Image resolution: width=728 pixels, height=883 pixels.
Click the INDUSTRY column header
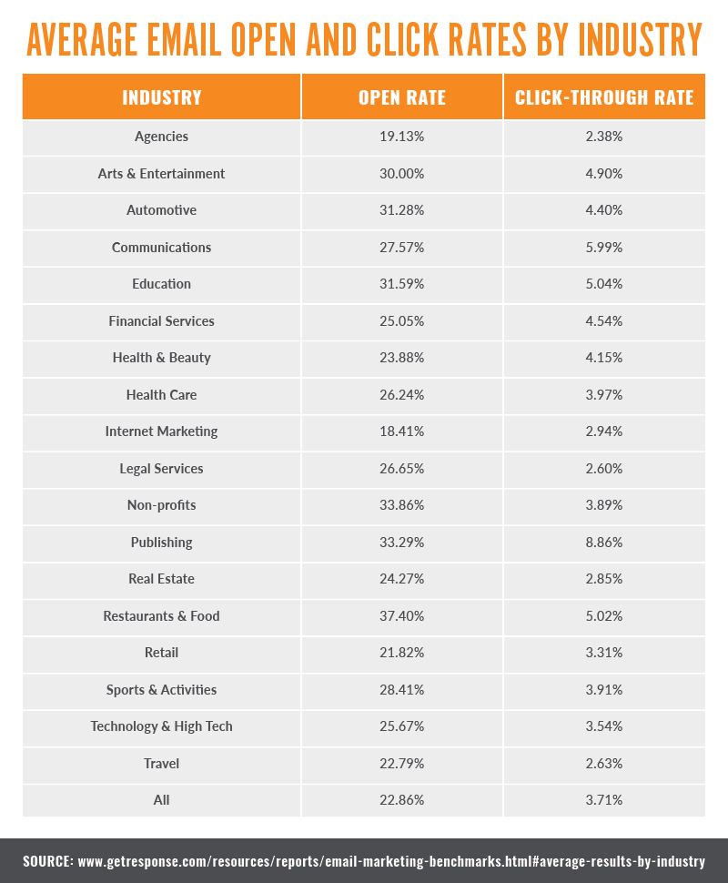click(162, 97)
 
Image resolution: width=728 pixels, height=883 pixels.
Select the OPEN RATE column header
click(402, 97)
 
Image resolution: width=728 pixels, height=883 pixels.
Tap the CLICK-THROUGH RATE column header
click(604, 97)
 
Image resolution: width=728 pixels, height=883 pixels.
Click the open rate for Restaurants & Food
click(402, 616)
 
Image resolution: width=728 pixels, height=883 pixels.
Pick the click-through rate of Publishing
click(604, 543)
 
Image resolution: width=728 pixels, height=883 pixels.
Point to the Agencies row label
click(161, 137)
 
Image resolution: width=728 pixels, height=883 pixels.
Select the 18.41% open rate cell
click(402, 431)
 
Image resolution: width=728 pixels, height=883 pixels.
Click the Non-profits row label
click(161, 505)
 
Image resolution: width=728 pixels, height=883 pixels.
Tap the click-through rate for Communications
click(604, 248)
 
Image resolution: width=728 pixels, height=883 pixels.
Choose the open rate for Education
click(402, 284)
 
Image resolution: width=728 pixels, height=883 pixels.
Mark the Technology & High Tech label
click(161, 726)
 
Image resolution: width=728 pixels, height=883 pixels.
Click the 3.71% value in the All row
click(604, 800)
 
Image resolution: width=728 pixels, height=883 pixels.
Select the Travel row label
click(161, 764)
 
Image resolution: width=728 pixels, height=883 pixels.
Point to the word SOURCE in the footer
click(48, 860)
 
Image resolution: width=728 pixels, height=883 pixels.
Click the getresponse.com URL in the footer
click(391, 860)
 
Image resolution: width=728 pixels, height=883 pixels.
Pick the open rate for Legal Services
click(402, 469)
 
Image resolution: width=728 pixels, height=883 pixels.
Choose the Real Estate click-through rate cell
click(604, 579)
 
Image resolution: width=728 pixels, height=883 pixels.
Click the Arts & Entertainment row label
click(161, 174)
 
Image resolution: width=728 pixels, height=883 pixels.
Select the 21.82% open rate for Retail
click(402, 653)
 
